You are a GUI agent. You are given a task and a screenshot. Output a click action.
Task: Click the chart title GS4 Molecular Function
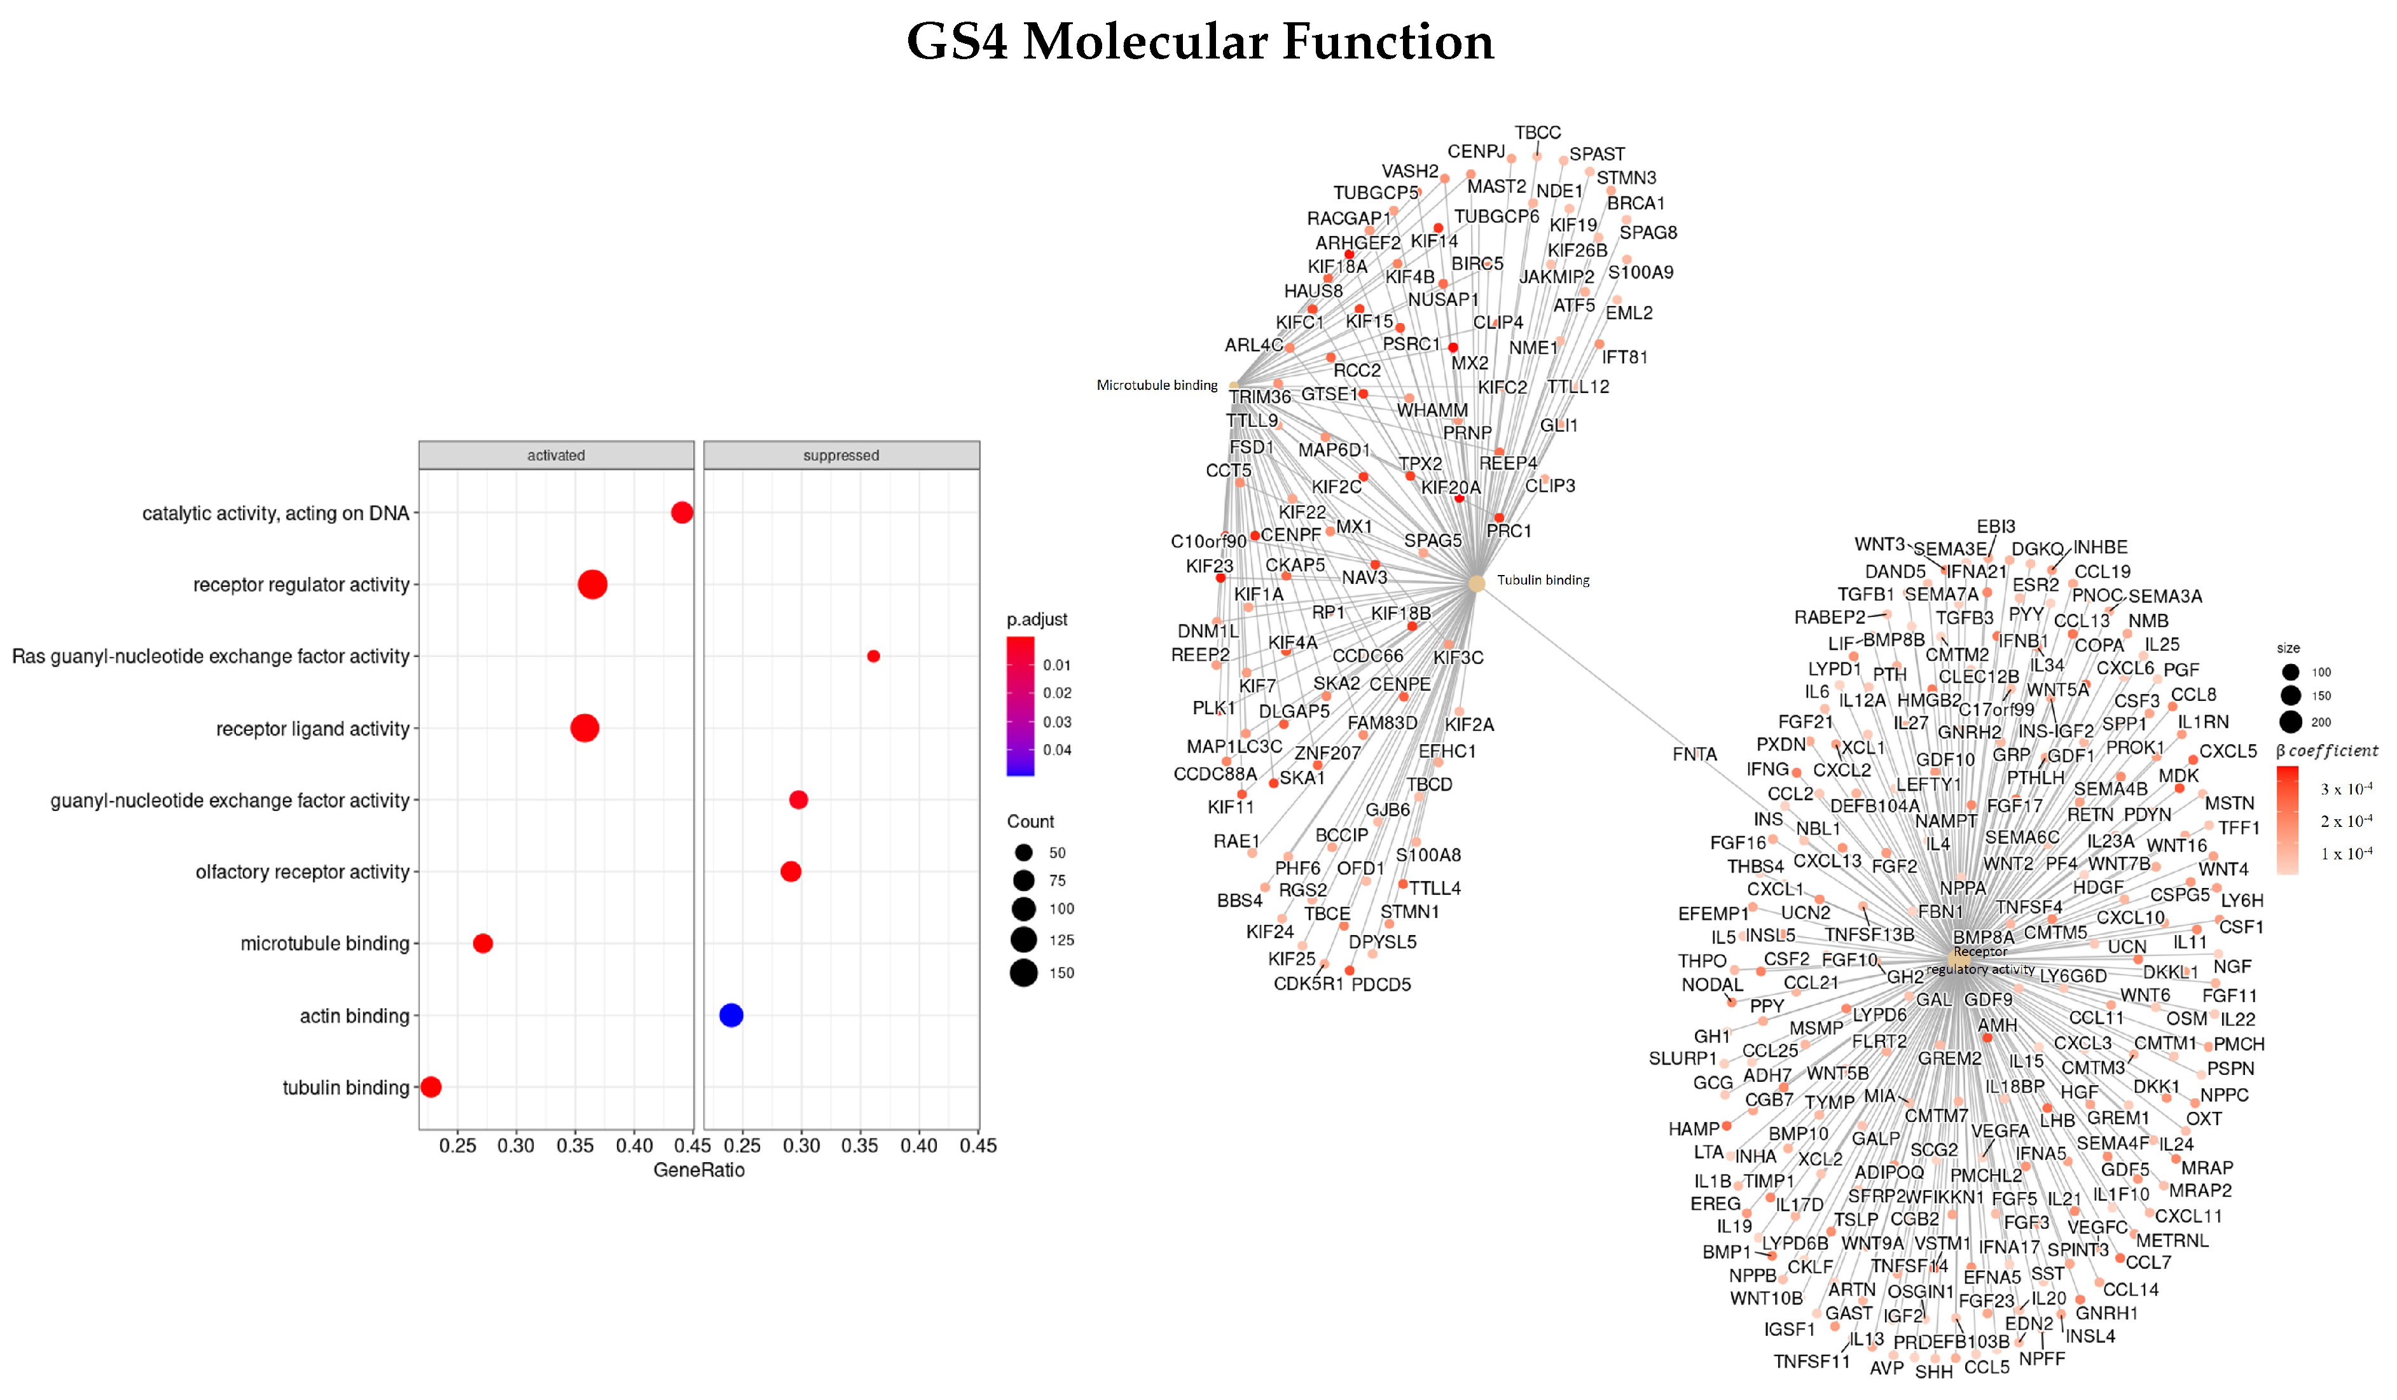pyautogui.click(x=1199, y=42)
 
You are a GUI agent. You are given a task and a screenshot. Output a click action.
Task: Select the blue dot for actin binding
pyautogui.click(x=731, y=1015)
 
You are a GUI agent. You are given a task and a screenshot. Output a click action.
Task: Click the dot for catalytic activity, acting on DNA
pyautogui.click(x=681, y=513)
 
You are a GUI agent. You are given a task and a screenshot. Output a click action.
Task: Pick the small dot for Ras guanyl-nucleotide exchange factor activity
pyautogui.click(x=873, y=656)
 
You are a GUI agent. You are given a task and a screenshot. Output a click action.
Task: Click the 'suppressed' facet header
pyautogui.click(x=841, y=455)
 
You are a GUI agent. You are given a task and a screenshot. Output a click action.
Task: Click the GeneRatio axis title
pyautogui.click(x=698, y=1170)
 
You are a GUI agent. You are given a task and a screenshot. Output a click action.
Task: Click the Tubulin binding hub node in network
pyautogui.click(x=1475, y=583)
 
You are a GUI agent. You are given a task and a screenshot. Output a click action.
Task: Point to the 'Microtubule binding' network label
pyautogui.click(x=1157, y=385)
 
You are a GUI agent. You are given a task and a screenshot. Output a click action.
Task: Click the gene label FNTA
pyautogui.click(x=1694, y=754)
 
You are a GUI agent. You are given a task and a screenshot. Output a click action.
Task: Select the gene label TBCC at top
pyautogui.click(x=1537, y=133)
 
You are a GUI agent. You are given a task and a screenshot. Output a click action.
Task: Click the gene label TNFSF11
pyautogui.click(x=1811, y=1362)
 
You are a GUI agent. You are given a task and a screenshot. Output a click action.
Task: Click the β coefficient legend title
pyautogui.click(x=2326, y=751)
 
